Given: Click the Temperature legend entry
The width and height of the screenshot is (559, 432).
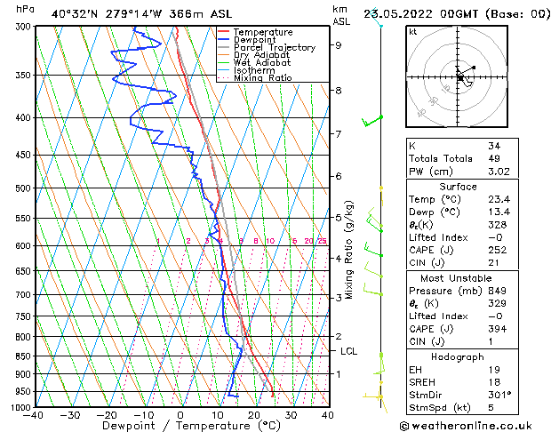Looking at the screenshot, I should (x=257, y=32).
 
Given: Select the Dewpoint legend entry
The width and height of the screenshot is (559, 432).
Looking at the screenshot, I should (x=252, y=40).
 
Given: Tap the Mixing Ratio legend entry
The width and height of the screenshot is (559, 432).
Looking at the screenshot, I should (x=262, y=78).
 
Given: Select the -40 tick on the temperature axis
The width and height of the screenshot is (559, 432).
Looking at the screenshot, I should (x=35, y=414).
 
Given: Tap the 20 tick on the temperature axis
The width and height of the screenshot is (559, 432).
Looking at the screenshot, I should (x=253, y=414).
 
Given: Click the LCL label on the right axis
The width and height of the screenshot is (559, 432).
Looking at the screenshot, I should (x=349, y=351).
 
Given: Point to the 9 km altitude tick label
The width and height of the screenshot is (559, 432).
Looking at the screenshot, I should (x=338, y=44).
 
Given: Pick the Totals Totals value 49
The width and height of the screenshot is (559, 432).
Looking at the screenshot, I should (x=493, y=158).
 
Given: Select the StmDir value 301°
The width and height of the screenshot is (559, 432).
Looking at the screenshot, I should (x=500, y=394).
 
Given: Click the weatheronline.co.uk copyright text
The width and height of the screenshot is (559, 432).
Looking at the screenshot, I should (x=481, y=424).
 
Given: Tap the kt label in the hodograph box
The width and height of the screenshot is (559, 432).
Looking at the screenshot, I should (x=412, y=32).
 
